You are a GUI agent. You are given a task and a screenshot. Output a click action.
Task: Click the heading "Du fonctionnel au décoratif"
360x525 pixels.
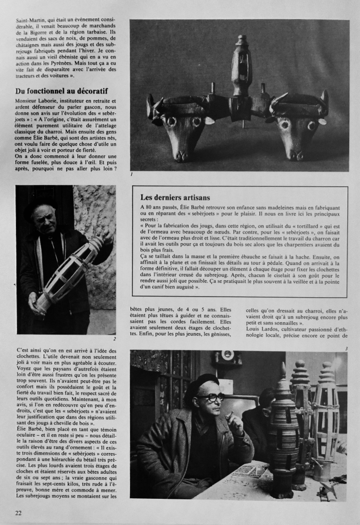tap(66, 91)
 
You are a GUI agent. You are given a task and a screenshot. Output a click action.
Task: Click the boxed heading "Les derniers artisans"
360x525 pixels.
tap(175, 197)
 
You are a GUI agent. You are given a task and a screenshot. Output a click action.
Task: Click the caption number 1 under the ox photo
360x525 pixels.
tap(132, 176)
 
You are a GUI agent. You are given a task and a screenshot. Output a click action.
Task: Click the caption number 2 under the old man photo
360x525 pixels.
tap(114, 339)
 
